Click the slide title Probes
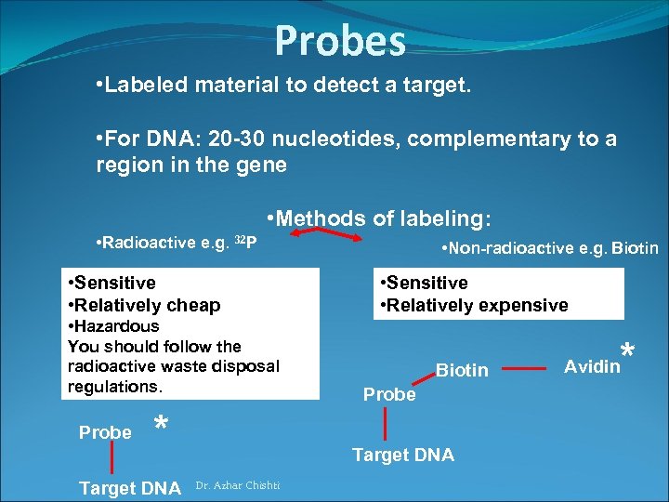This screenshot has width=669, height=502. [x=340, y=40]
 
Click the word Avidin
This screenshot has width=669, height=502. [x=592, y=366]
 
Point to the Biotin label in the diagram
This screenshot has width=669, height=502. [x=462, y=371]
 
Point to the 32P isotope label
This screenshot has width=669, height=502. [x=244, y=243]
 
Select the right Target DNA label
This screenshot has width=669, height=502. [x=402, y=455]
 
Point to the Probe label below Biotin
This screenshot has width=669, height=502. [x=389, y=394]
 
